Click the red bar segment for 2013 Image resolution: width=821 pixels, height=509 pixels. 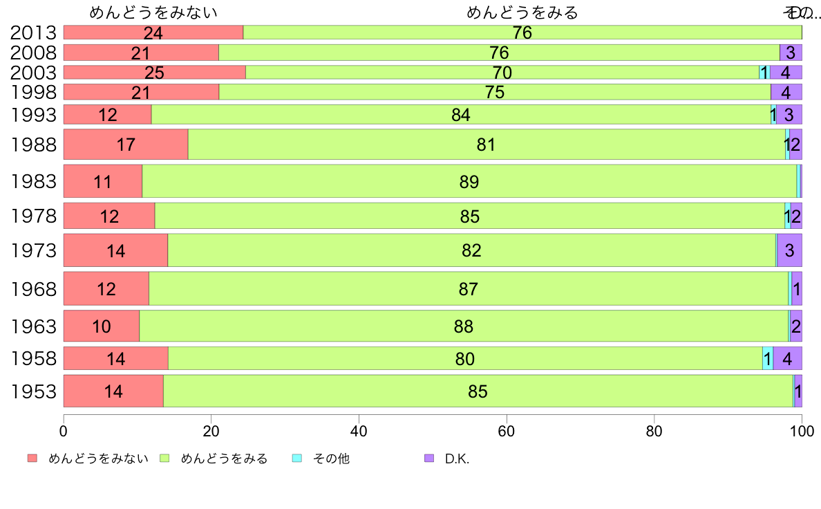[153, 32]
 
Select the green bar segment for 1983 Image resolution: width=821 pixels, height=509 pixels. [469, 181]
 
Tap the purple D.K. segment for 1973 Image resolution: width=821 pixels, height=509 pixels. [789, 250]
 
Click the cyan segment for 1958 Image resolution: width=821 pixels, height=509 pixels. [767, 358]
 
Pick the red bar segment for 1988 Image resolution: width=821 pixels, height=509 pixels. [126, 145]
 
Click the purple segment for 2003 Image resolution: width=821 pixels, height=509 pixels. [786, 72]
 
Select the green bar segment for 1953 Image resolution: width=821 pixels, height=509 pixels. [478, 391]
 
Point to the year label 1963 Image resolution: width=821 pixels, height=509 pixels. [34, 326]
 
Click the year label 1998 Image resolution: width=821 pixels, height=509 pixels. [34, 92]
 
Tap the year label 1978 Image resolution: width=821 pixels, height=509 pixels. [34, 216]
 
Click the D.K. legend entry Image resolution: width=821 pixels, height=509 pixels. [457, 459]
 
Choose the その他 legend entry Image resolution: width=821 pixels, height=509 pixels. [331, 459]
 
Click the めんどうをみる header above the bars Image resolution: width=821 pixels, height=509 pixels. [522, 12]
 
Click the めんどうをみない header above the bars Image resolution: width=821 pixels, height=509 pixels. [153, 12]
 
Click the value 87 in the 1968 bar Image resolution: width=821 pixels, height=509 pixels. [469, 288]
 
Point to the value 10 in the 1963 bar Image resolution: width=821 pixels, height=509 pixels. [102, 326]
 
